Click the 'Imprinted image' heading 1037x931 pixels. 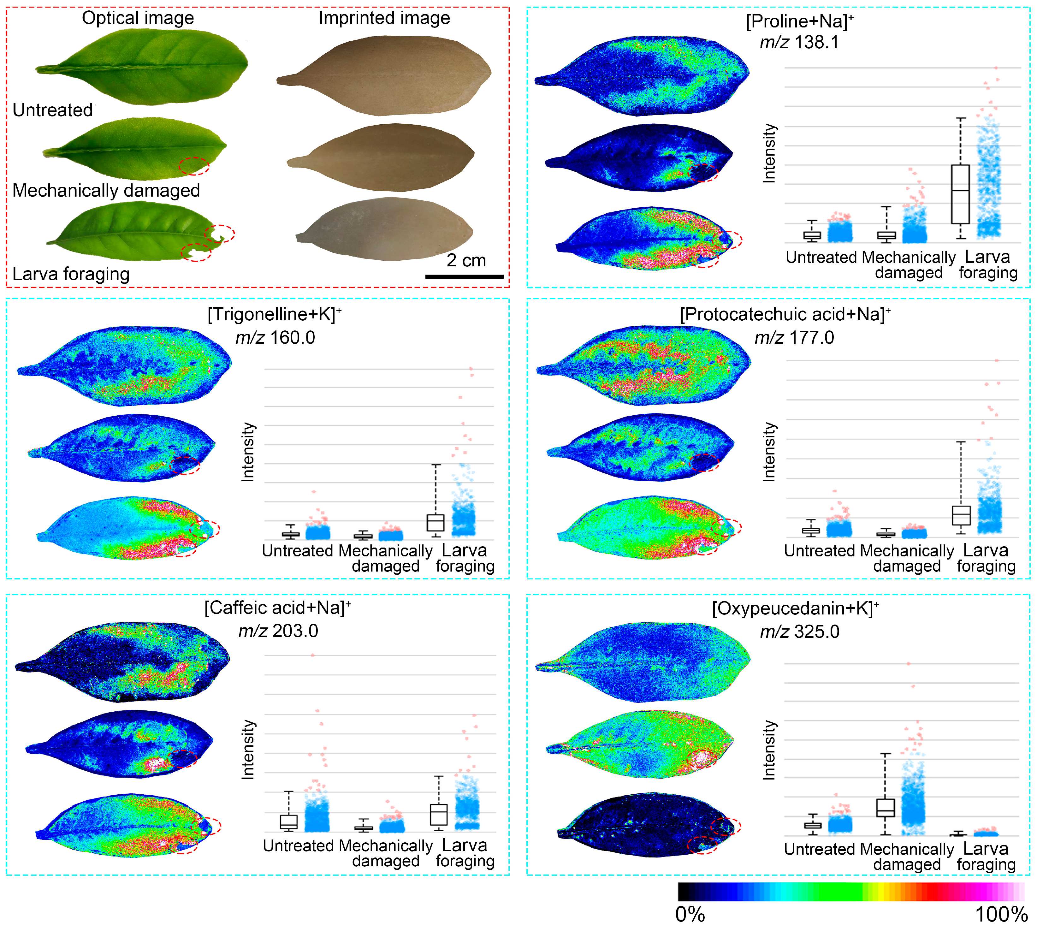point(384,18)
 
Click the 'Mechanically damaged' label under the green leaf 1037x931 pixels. point(106,190)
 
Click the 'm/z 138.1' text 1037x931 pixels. point(799,42)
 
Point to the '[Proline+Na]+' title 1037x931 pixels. point(799,21)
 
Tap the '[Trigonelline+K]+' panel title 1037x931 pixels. point(274,314)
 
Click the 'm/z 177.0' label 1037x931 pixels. point(794,338)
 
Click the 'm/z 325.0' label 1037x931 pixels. point(799,632)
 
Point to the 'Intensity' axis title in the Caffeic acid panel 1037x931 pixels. point(248,750)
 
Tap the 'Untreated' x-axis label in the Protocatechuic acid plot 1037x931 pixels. point(819,551)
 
